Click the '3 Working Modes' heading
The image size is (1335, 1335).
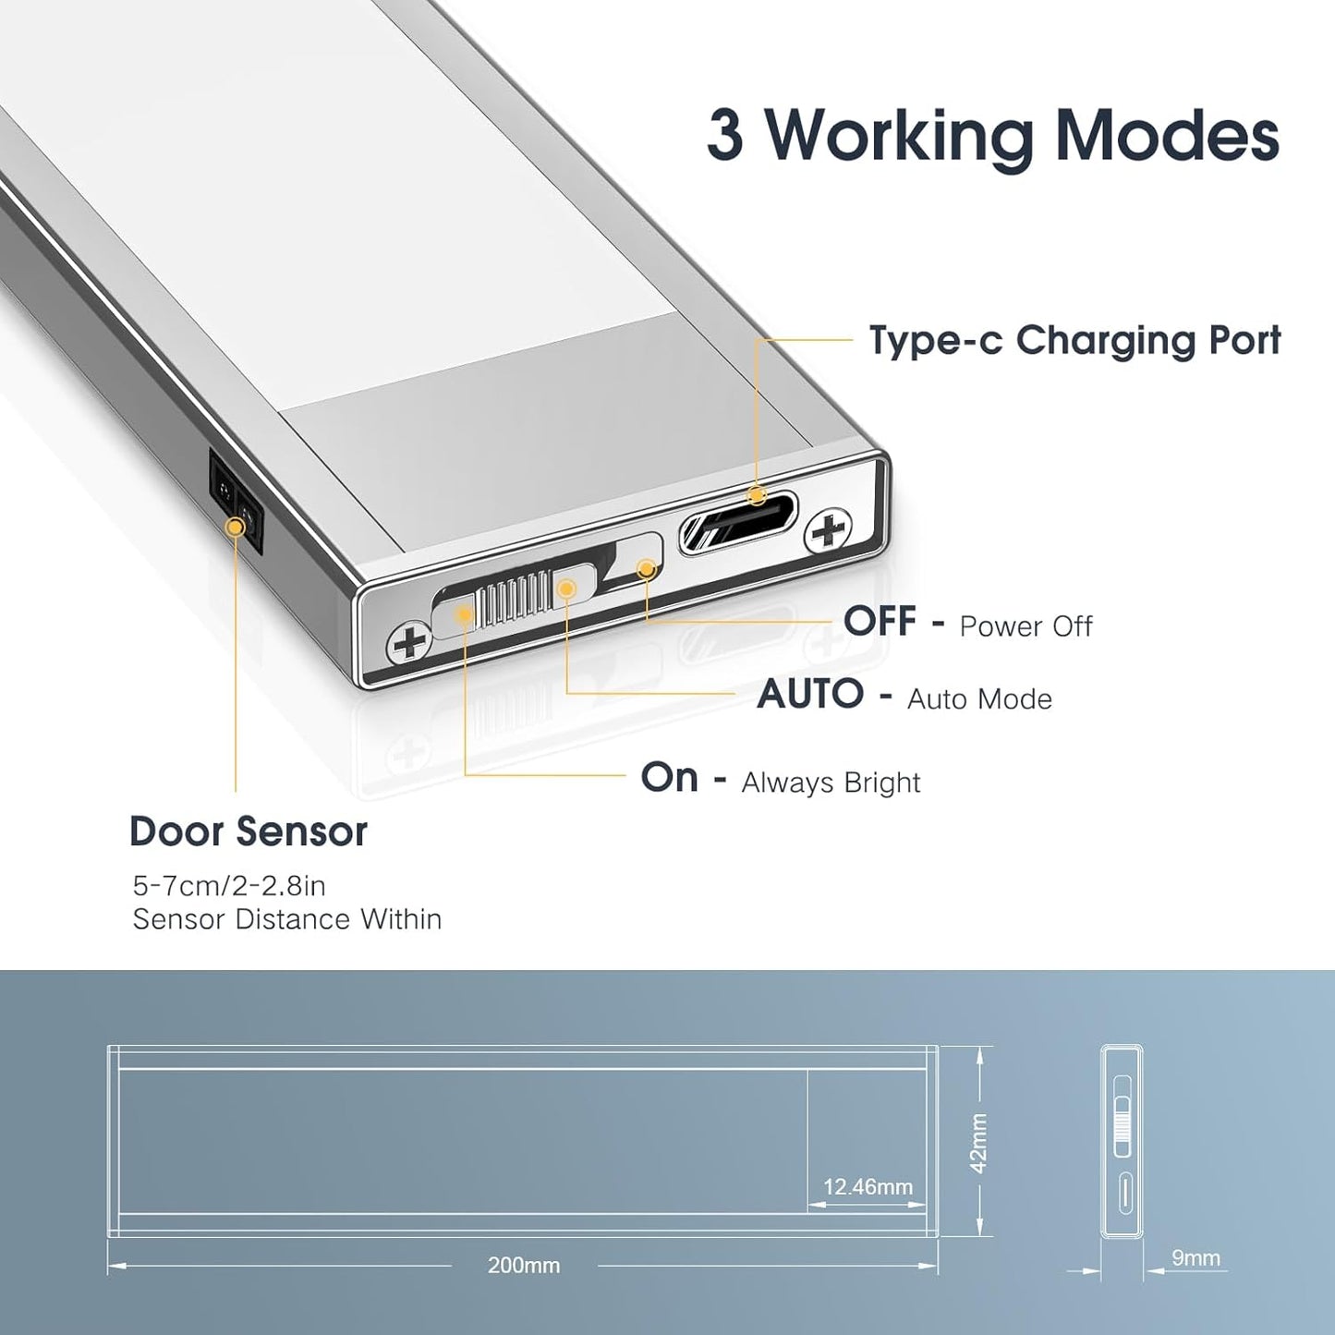[x=992, y=137]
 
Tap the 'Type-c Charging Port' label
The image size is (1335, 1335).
[x=1074, y=341]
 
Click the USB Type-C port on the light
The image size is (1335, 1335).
[x=738, y=525]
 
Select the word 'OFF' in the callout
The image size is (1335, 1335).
[x=880, y=622]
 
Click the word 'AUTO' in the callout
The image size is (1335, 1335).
[x=810, y=695]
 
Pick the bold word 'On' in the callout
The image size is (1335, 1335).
[x=670, y=778]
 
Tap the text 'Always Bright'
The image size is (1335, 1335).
[x=831, y=783]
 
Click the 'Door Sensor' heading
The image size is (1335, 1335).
[x=249, y=831]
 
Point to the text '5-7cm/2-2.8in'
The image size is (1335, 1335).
[x=229, y=886]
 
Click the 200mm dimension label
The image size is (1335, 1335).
[x=524, y=1266]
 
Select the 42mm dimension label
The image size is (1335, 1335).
[x=979, y=1143]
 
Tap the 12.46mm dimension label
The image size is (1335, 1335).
[x=868, y=1187]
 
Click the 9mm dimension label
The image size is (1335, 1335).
[x=1195, y=1258]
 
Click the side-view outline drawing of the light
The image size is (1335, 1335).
[x=1122, y=1142]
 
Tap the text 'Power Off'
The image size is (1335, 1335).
[x=1026, y=626]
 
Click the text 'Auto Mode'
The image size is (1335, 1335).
[x=979, y=699]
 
